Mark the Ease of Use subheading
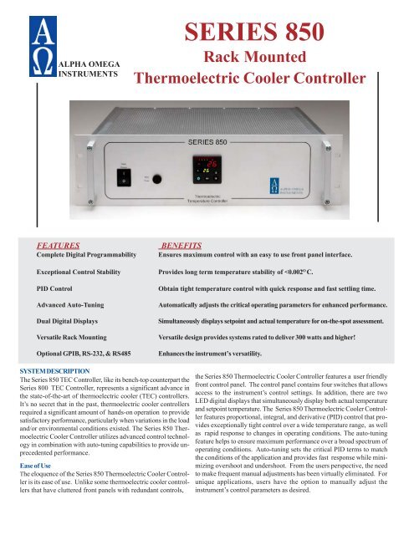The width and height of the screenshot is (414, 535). point(33,465)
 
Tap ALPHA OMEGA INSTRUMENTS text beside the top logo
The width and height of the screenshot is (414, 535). point(91,67)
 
